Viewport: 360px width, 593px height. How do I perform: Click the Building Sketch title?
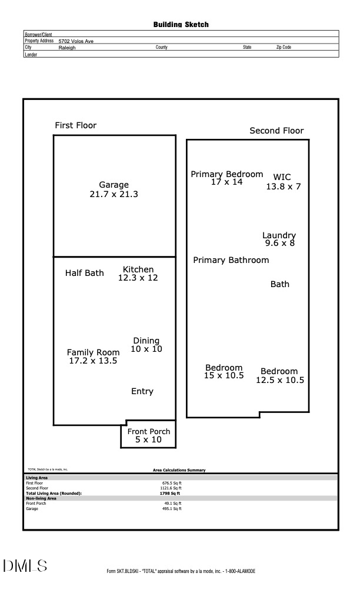click(181, 25)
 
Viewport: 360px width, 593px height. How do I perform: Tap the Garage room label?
click(114, 185)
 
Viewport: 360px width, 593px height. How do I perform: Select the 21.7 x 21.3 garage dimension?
click(114, 194)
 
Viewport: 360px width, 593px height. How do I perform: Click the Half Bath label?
click(84, 273)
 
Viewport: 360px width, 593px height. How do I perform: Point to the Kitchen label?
click(138, 269)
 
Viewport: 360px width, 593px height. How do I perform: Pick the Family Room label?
click(93, 352)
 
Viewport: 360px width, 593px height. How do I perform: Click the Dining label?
click(146, 341)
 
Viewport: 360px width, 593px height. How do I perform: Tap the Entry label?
click(142, 391)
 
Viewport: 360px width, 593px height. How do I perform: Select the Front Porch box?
click(149, 435)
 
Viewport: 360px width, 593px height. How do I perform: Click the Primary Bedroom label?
click(227, 174)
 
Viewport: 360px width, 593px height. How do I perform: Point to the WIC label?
click(282, 177)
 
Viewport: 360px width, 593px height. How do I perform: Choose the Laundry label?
click(279, 235)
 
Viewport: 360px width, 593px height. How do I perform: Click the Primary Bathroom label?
click(231, 260)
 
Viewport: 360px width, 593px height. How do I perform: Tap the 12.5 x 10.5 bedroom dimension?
click(279, 380)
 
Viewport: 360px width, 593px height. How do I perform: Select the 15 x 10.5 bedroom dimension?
click(224, 376)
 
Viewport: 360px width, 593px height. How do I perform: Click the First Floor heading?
click(75, 125)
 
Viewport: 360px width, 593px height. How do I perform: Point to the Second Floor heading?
click(276, 131)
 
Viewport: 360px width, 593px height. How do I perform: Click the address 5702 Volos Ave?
click(76, 41)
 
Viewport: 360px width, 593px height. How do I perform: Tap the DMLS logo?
click(25, 566)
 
